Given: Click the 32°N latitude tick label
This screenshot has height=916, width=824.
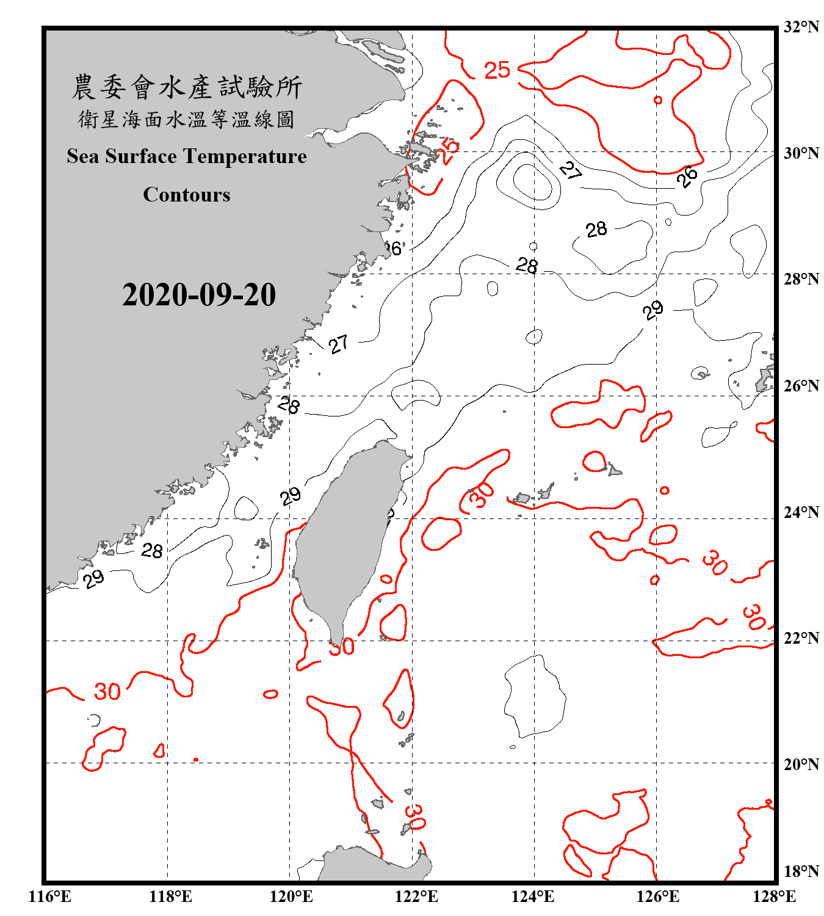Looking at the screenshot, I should (x=801, y=27).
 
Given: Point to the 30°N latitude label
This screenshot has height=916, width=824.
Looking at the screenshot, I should (x=801, y=153).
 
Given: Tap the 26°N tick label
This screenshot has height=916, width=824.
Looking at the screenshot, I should (x=801, y=386).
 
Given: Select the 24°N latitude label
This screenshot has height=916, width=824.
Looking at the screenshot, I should (x=801, y=512).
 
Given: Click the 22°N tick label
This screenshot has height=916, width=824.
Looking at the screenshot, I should (x=801, y=638).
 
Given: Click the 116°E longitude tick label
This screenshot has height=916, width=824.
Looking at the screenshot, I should (x=50, y=896).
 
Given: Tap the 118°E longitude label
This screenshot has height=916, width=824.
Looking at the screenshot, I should (x=170, y=896).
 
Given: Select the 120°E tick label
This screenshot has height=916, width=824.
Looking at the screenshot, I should (x=291, y=896).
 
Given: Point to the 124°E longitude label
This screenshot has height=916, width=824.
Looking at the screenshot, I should (x=533, y=896).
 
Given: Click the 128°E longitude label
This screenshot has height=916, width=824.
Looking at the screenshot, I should (x=774, y=896).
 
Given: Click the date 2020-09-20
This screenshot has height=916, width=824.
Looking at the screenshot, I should (x=199, y=295).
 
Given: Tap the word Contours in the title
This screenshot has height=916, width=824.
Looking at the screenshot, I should (x=187, y=195).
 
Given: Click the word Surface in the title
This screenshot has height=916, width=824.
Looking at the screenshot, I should (x=141, y=156).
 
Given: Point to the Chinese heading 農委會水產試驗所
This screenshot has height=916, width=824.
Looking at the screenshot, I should (x=187, y=87).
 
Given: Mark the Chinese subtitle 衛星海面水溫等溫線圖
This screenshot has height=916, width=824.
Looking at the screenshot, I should (x=187, y=119).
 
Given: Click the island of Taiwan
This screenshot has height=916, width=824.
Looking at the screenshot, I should (x=345, y=537).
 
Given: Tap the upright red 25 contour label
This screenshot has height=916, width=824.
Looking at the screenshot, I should (x=497, y=70).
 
